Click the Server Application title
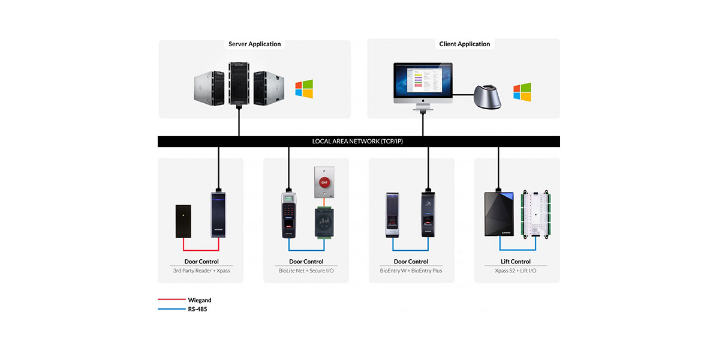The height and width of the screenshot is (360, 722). click(x=255, y=44)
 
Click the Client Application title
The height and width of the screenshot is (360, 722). click(x=465, y=44)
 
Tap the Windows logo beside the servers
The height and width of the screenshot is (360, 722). click(x=304, y=89)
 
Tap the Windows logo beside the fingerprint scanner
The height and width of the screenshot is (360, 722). click(x=522, y=92)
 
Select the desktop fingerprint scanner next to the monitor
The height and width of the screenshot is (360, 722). click(x=486, y=96)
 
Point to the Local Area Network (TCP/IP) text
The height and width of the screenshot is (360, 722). click(x=359, y=142)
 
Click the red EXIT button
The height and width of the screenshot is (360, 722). click(x=324, y=182)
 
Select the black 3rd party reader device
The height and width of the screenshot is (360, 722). click(x=183, y=220)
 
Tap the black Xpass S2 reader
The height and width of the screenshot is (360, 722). click(x=499, y=214)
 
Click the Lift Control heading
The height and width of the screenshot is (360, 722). click(x=516, y=262)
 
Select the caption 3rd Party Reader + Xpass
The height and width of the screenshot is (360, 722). click(x=201, y=271)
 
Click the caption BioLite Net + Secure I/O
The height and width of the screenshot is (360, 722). click(x=306, y=271)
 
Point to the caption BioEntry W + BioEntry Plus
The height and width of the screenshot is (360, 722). click(x=411, y=271)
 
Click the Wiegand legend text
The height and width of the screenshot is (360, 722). click(x=200, y=300)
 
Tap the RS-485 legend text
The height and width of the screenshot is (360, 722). click(x=197, y=309)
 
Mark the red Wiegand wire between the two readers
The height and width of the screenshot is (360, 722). click(x=201, y=250)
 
